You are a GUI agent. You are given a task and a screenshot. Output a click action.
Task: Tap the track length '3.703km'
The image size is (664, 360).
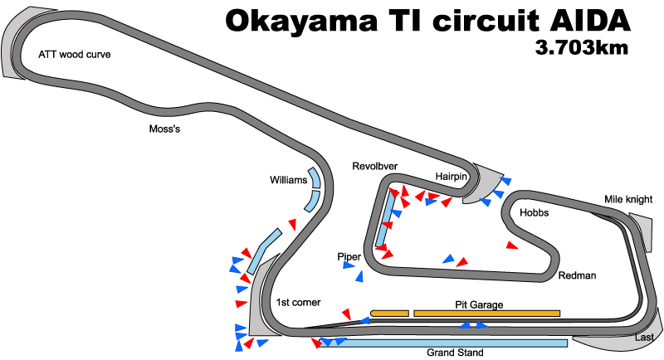pos(582,48)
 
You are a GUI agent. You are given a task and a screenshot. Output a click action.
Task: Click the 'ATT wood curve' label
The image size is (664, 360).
pos(74,56)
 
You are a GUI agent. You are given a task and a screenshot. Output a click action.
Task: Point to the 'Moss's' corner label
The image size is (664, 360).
pos(164,129)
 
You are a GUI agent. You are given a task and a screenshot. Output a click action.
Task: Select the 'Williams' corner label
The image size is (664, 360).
pos(288,180)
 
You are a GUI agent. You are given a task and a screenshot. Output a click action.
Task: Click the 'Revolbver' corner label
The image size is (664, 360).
pos(374,165)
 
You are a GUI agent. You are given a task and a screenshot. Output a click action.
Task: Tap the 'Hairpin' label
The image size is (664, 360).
pos(452,176)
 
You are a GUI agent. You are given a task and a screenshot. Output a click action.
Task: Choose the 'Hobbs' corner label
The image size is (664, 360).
pos(534,213)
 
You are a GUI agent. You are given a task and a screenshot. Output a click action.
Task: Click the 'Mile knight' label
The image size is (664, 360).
pos(628,200)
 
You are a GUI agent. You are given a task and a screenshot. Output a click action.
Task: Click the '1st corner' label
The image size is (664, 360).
pos(299,302)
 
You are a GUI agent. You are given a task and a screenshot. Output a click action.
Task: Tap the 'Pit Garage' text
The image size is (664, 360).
pos(479,304)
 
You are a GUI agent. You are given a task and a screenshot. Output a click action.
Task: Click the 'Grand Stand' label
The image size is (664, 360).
pos(454,353)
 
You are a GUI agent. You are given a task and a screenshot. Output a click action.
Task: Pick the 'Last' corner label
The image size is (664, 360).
pos(644,338)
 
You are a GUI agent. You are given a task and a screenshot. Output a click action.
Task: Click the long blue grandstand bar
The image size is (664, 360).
pos(448,343)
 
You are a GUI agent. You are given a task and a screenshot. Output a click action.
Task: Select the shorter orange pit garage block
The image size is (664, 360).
pos(389,313)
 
